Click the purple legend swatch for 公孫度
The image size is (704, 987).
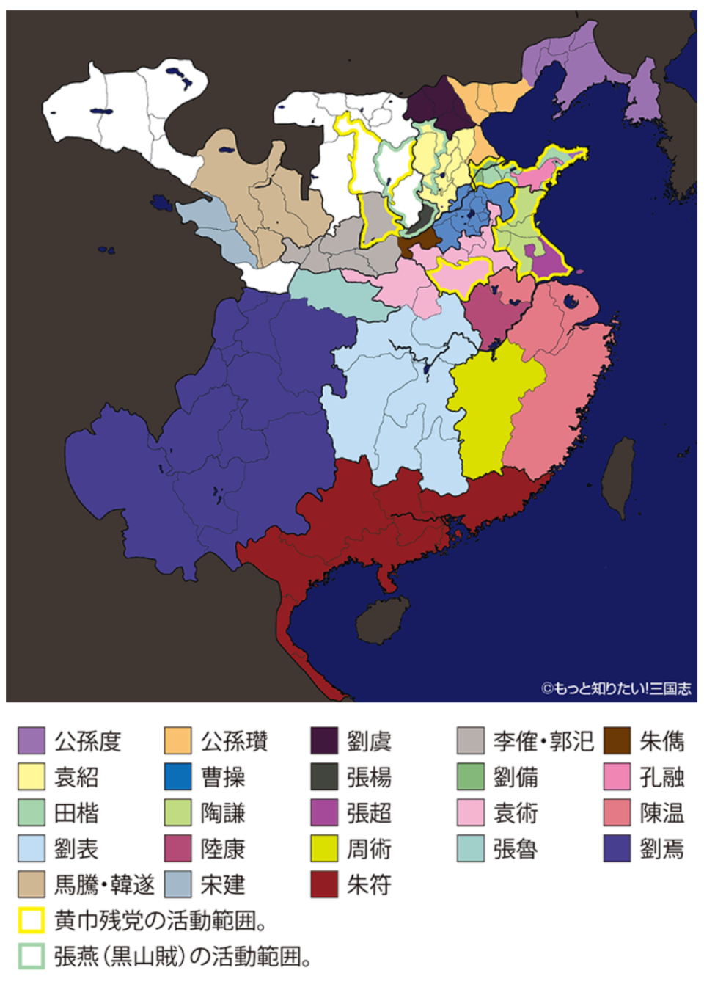click(x=32, y=740)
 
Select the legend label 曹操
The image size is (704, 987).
click(x=223, y=776)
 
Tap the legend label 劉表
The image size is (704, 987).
click(x=76, y=849)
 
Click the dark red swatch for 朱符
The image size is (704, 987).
click(x=324, y=884)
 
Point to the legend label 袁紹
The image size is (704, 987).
click(x=76, y=776)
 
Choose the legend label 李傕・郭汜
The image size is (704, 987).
click(x=543, y=740)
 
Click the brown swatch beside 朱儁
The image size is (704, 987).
click(x=617, y=740)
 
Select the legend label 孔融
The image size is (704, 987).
click(x=661, y=776)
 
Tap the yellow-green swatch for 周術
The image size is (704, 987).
click(x=324, y=848)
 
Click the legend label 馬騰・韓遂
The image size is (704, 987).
click(x=104, y=884)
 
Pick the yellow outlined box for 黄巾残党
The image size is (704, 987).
click(x=32, y=920)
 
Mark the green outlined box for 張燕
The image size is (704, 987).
click(x=32, y=956)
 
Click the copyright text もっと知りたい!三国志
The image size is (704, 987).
click(x=616, y=688)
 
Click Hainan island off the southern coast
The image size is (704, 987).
click(x=383, y=619)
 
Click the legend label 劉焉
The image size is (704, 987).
click(x=661, y=849)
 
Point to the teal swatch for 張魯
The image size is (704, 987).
click(x=470, y=848)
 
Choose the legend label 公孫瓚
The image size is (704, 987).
click(x=234, y=740)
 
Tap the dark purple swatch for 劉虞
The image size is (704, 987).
click(x=324, y=740)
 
